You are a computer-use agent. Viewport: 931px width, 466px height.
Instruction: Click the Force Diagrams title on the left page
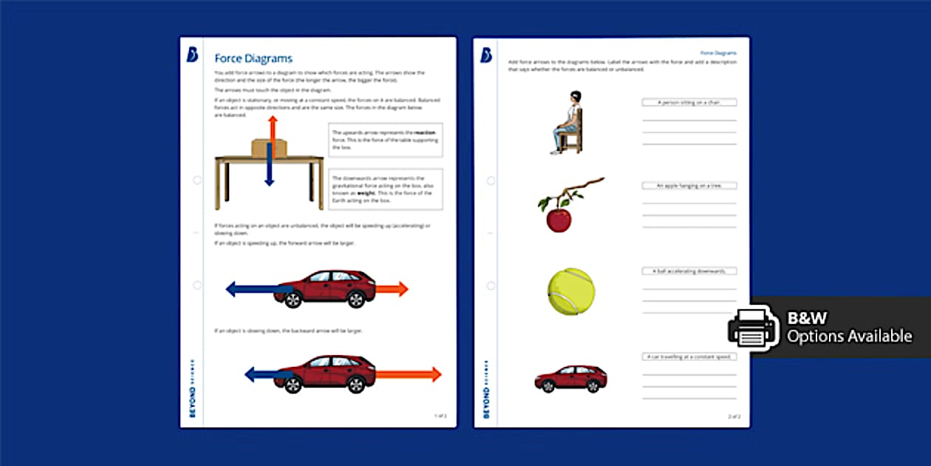click(x=253, y=58)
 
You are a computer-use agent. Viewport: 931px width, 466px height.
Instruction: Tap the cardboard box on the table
click(x=264, y=148)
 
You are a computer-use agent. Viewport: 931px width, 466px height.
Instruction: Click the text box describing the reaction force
click(x=385, y=140)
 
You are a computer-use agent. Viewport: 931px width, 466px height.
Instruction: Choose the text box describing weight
click(x=385, y=189)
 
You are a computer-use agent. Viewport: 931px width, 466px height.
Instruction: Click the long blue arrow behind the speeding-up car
click(x=255, y=289)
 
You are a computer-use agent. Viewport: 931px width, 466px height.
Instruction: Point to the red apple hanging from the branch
click(x=559, y=219)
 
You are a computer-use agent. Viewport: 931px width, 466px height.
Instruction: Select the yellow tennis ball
click(x=570, y=291)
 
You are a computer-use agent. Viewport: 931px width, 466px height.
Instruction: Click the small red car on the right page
click(x=570, y=378)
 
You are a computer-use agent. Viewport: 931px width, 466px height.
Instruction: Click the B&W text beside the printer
click(x=807, y=318)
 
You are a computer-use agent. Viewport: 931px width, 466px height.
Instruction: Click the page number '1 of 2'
click(x=440, y=416)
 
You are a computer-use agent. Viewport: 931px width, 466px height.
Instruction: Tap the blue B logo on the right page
click(x=487, y=55)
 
